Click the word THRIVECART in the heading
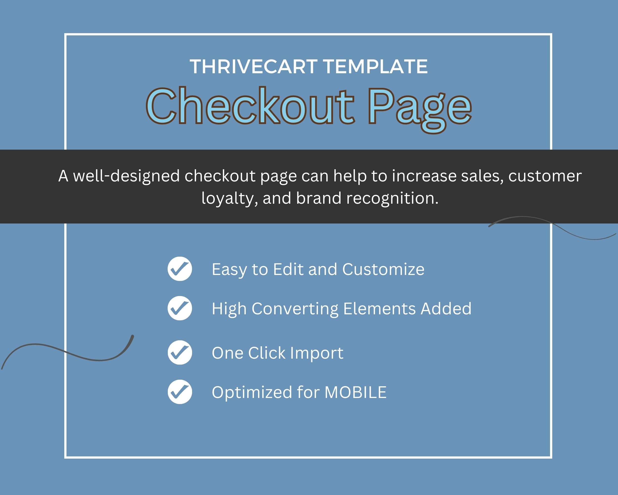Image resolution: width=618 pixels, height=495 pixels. (254, 67)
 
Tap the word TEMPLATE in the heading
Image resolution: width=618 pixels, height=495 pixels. (375, 67)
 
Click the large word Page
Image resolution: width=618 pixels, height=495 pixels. (420, 110)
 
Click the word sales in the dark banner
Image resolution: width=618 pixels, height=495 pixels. (483, 176)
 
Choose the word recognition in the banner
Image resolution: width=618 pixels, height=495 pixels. (392, 198)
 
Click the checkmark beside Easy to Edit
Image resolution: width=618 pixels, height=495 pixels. (180, 269)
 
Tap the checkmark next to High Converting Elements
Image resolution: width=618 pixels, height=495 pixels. (180, 308)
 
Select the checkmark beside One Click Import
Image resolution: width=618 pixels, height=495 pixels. (180, 352)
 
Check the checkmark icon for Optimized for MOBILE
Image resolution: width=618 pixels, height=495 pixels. (180, 392)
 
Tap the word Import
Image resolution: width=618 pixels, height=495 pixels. (317, 353)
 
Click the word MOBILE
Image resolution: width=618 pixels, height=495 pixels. (355, 392)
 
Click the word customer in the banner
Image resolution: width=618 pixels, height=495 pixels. (545, 176)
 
